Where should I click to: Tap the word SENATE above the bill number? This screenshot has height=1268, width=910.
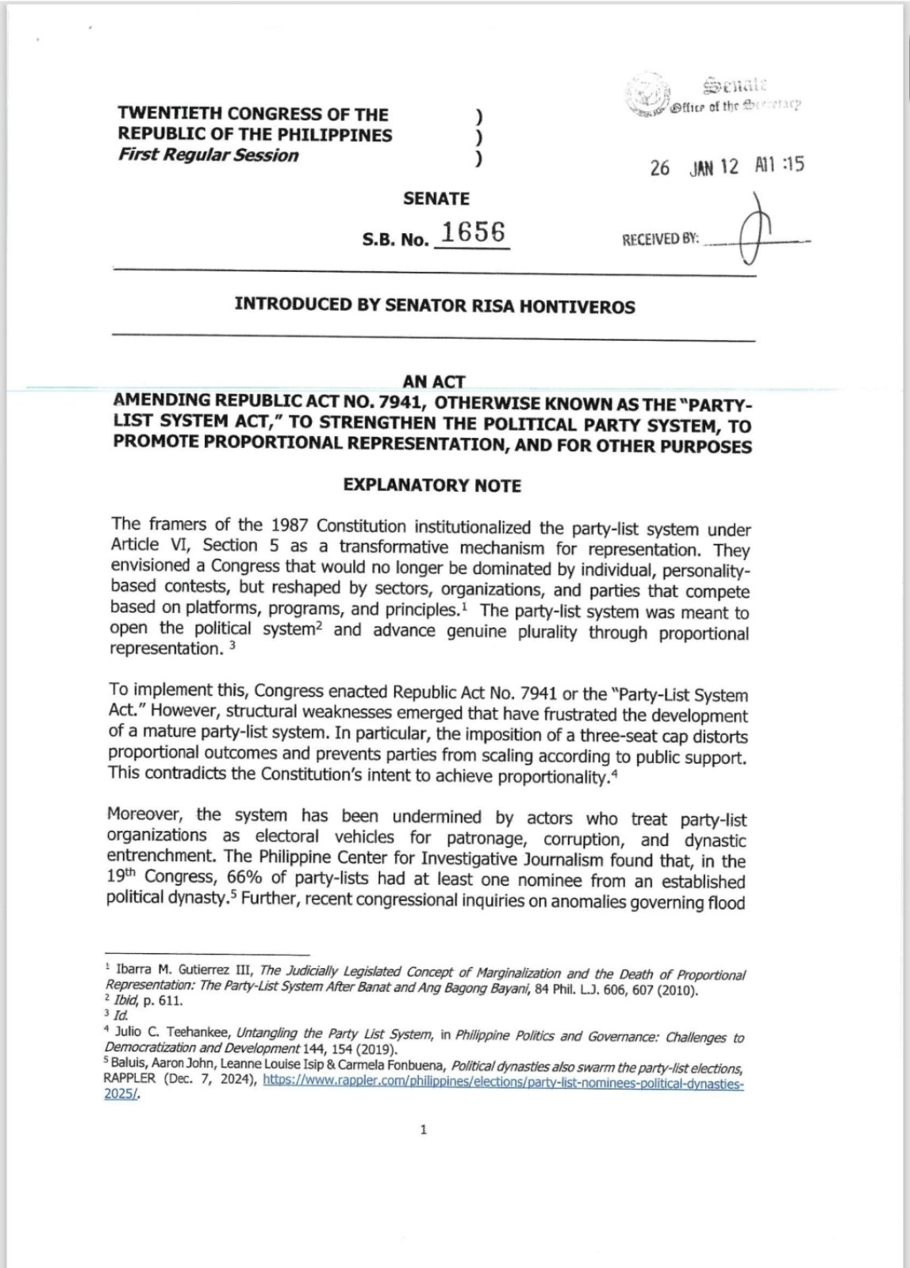coord(436,198)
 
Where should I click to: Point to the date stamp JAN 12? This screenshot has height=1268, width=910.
coord(714,167)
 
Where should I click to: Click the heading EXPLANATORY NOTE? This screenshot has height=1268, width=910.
coord(432,485)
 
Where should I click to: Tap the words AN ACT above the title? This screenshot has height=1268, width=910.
coord(433,382)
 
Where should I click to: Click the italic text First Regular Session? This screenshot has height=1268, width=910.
coord(208,155)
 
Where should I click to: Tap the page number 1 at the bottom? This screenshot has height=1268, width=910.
coord(424,1129)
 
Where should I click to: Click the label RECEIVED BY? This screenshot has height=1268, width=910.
coord(660,239)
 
